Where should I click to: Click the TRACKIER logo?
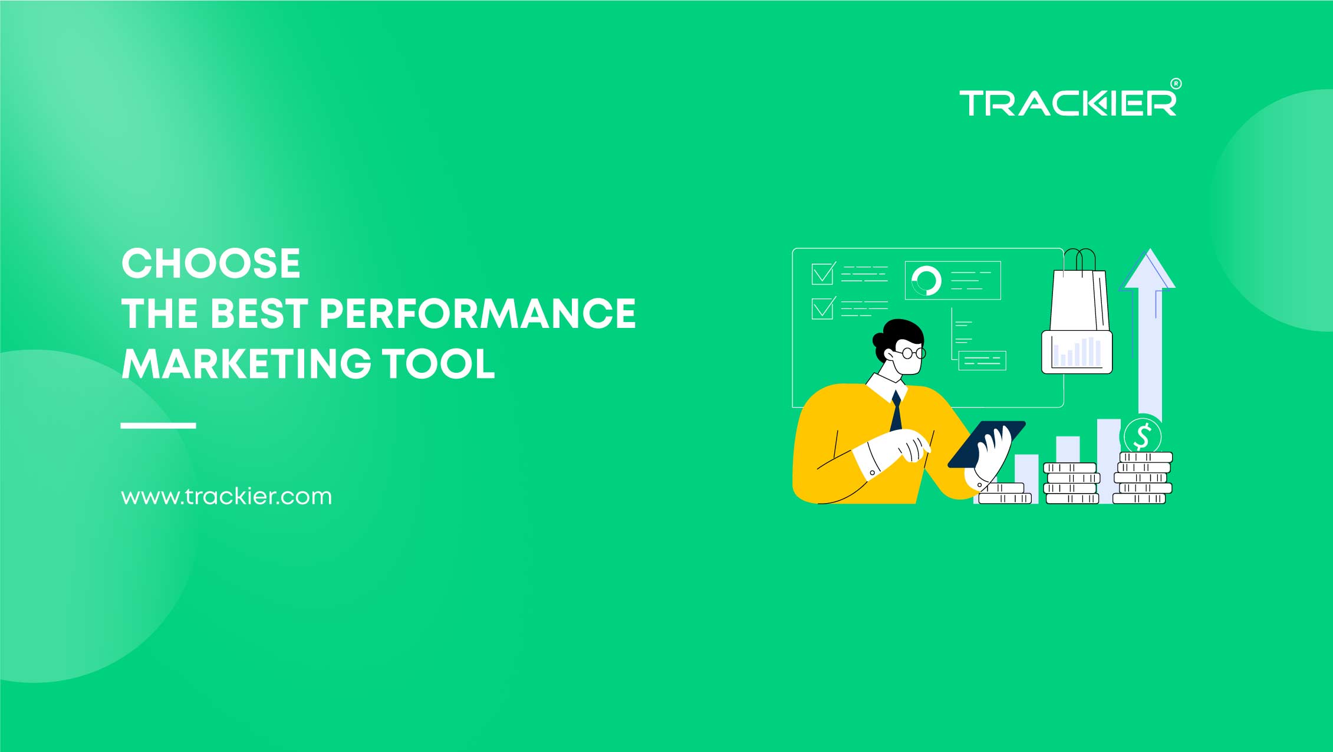(1067, 103)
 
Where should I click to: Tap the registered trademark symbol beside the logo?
(1175, 84)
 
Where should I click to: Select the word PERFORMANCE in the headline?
(478, 313)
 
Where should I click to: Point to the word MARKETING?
(246, 363)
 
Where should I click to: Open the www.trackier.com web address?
(226, 497)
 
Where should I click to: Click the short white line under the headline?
(158, 425)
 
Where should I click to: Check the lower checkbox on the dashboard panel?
(822, 308)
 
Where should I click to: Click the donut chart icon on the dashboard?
(926, 281)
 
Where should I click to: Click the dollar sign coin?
(1142, 436)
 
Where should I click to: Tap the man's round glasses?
(911, 353)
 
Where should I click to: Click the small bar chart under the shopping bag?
(1077, 352)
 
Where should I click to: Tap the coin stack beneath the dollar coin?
(1142, 478)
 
